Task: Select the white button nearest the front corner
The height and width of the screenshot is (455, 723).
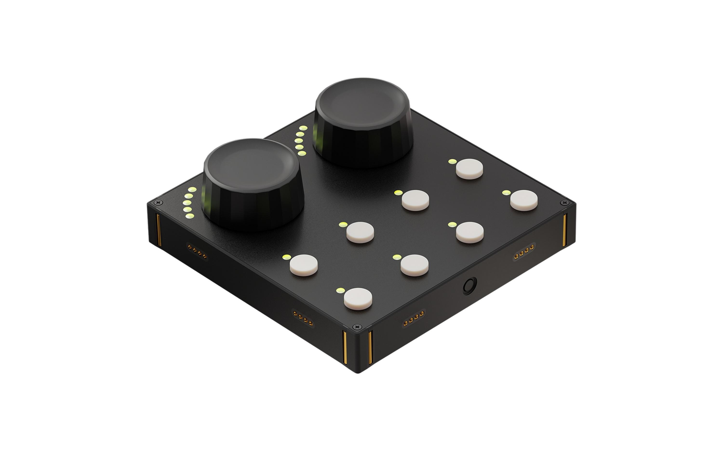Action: (358, 299)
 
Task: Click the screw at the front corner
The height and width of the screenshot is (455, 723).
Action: (357, 327)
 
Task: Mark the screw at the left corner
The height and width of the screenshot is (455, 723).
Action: (159, 202)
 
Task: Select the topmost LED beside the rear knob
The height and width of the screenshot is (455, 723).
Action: (303, 128)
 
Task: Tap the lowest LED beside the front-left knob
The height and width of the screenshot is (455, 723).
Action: (189, 216)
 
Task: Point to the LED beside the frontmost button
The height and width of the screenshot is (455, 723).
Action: (340, 290)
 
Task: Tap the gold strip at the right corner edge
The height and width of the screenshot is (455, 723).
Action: (564, 230)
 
